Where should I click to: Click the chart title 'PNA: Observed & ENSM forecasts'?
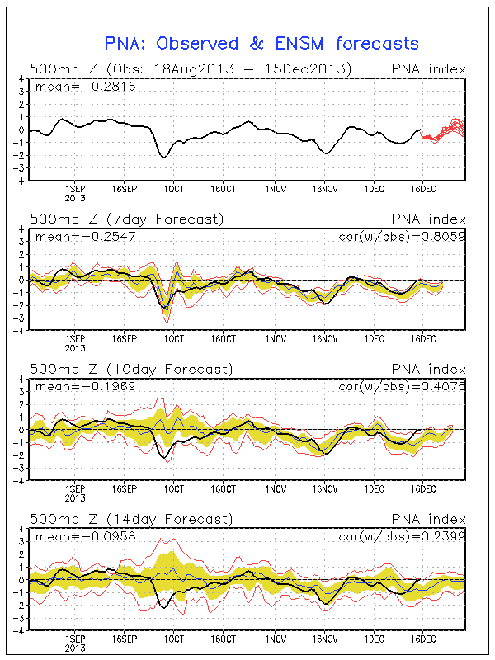[261, 44]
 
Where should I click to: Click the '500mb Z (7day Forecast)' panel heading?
[126, 219]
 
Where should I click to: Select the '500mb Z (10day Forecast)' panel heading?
[130, 368]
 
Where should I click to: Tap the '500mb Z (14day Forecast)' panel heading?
[130, 518]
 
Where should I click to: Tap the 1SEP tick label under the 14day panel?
[75, 638]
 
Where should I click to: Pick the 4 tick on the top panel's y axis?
[22, 80]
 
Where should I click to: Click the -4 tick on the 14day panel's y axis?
[20, 629]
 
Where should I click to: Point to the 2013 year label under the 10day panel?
[75, 497]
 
